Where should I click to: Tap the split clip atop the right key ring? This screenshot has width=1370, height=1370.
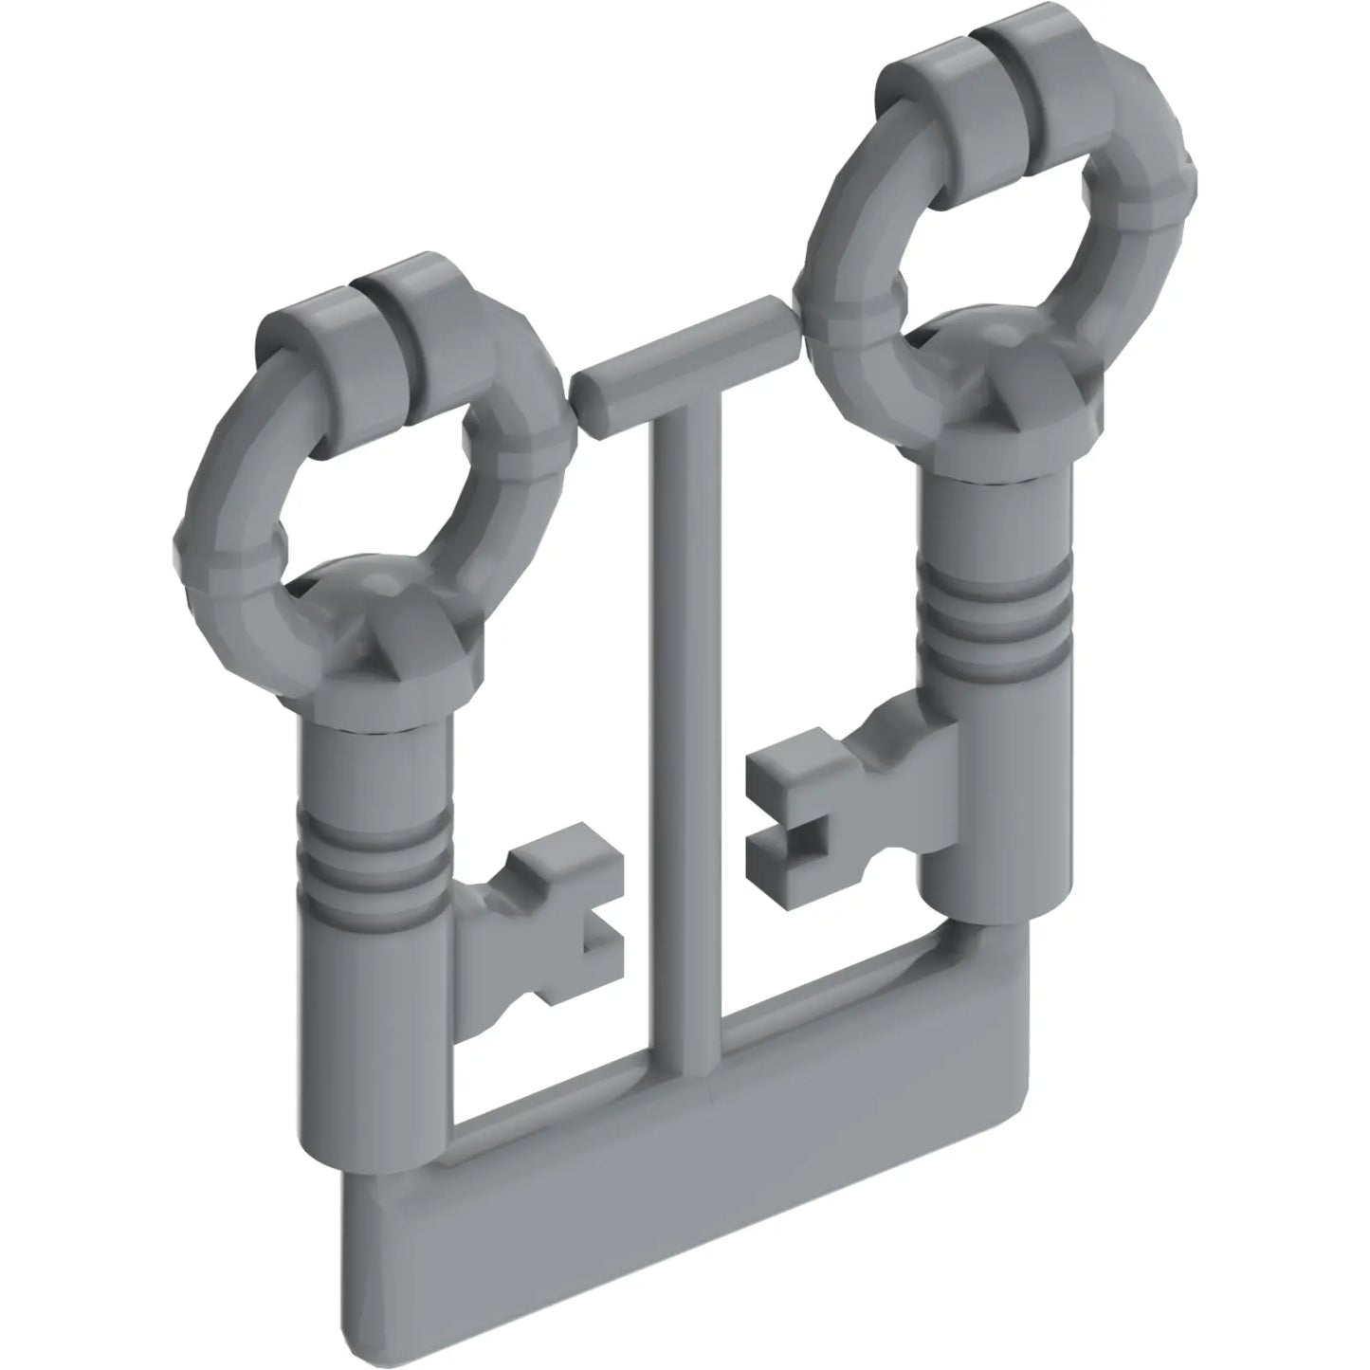[986, 66]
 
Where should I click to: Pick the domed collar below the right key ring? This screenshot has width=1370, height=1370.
[1005, 398]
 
